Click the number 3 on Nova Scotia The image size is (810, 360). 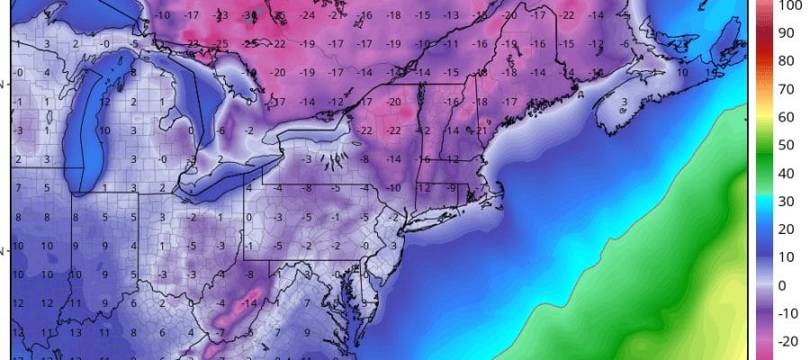pos(624,103)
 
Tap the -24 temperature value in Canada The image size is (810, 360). pos(308,15)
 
